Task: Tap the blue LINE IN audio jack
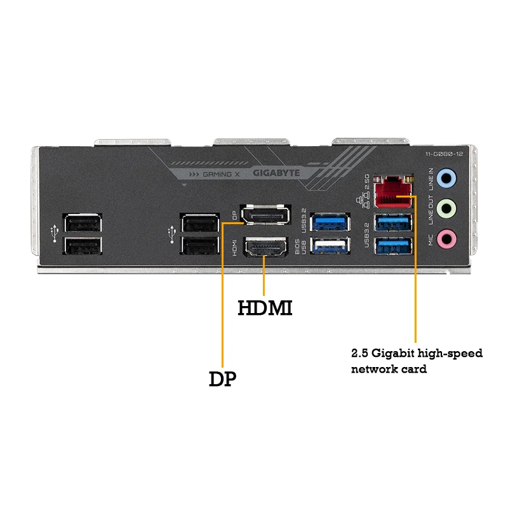click(x=448, y=178)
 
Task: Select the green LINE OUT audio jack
click(x=448, y=208)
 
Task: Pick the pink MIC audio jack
click(x=448, y=238)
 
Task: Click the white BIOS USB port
click(x=330, y=244)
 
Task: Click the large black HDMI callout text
click(x=265, y=309)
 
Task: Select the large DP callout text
click(x=222, y=379)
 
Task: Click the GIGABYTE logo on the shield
click(x=276, y=172)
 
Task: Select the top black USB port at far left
click(x=83, y=224)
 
